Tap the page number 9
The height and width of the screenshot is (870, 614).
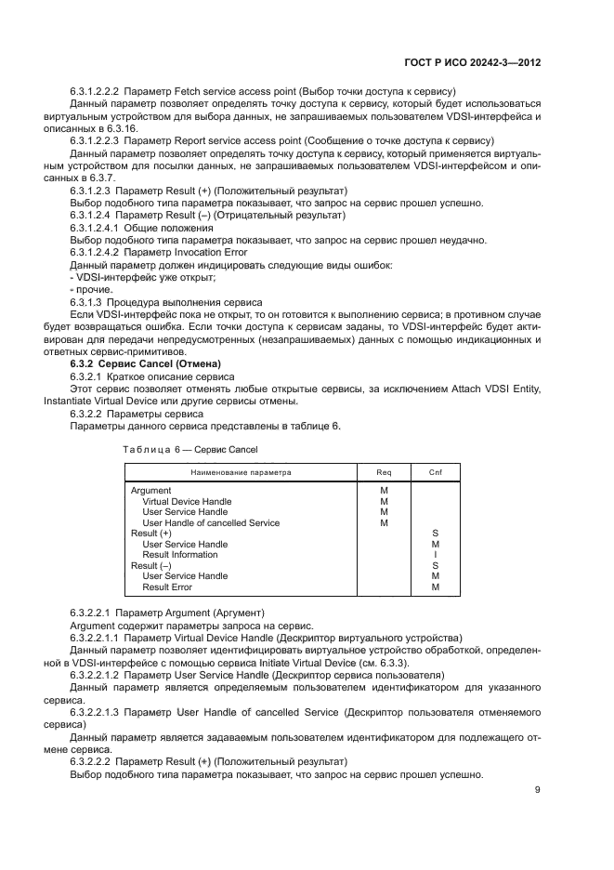(538, 790)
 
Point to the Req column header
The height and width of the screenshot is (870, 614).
(384, 472)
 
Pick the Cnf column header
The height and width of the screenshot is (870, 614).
(435, 472)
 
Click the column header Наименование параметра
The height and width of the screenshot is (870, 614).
(241, 472)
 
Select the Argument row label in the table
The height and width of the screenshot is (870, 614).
(150, 490)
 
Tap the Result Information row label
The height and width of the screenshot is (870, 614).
(179, 555)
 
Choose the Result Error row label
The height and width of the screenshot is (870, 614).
(167, 587)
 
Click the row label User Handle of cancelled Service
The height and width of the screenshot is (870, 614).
(210, 522)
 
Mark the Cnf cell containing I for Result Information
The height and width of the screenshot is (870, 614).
(435, 555)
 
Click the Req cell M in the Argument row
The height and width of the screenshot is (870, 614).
(384, 490)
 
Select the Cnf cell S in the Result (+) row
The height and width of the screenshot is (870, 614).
(435, 534)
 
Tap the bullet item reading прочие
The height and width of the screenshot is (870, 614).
(89, 291)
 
